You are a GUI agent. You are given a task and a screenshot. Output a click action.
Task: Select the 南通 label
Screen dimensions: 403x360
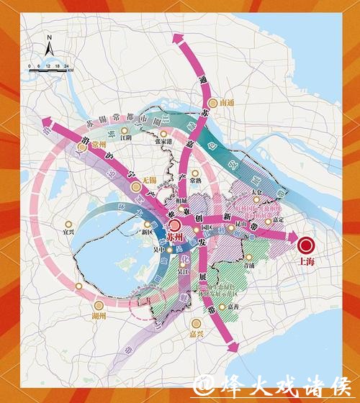pos(228,103)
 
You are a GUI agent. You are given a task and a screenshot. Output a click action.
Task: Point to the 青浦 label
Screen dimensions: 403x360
pos(250,264)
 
